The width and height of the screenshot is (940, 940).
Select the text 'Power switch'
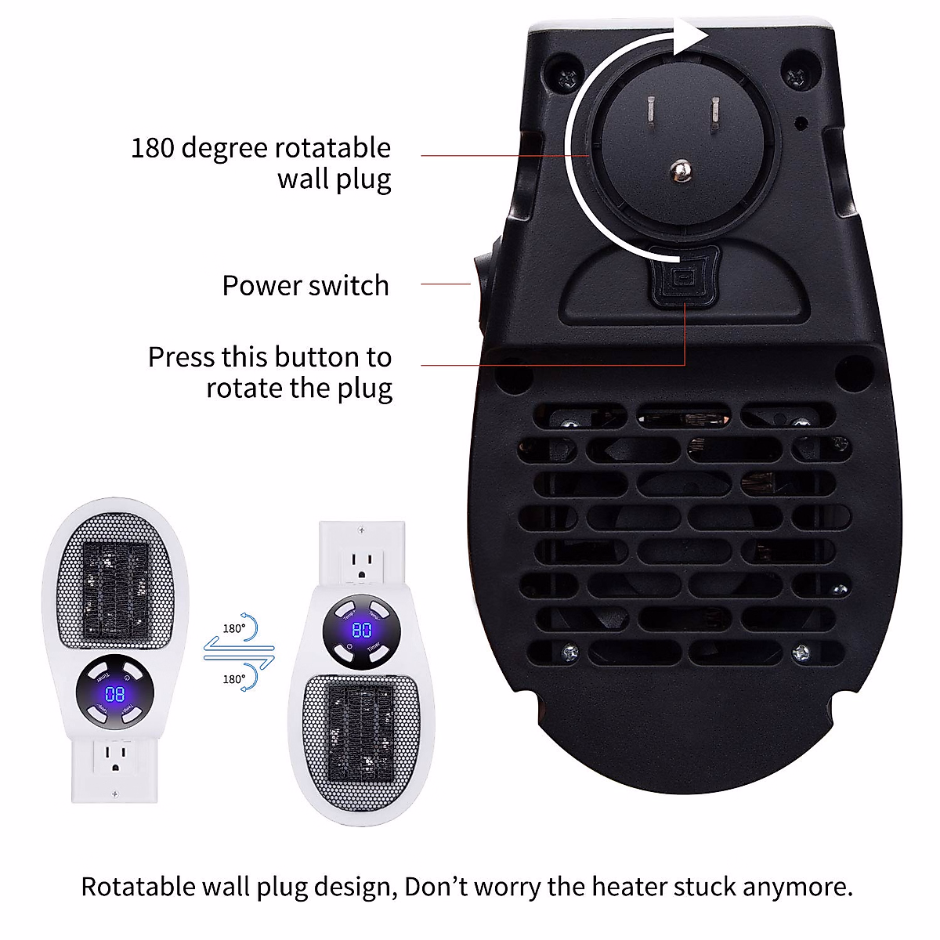coord(305,286)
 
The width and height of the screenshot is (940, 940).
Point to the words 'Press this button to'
coord(269,357)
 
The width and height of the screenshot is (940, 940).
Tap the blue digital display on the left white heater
coord(115,694)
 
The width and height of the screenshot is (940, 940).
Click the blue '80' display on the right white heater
coord(361,631)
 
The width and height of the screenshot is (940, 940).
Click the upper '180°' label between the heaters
coord(233,627)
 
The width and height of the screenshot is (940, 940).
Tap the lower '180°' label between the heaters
coord(233,679)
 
